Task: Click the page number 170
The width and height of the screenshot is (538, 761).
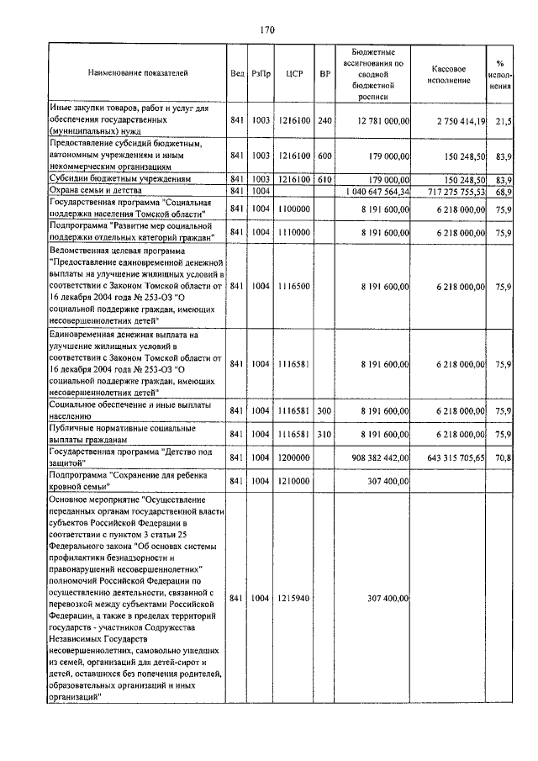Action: coord(268,31)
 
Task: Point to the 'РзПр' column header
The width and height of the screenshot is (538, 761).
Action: coord(261,73)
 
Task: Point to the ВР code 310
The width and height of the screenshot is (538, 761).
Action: coord(325,434)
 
